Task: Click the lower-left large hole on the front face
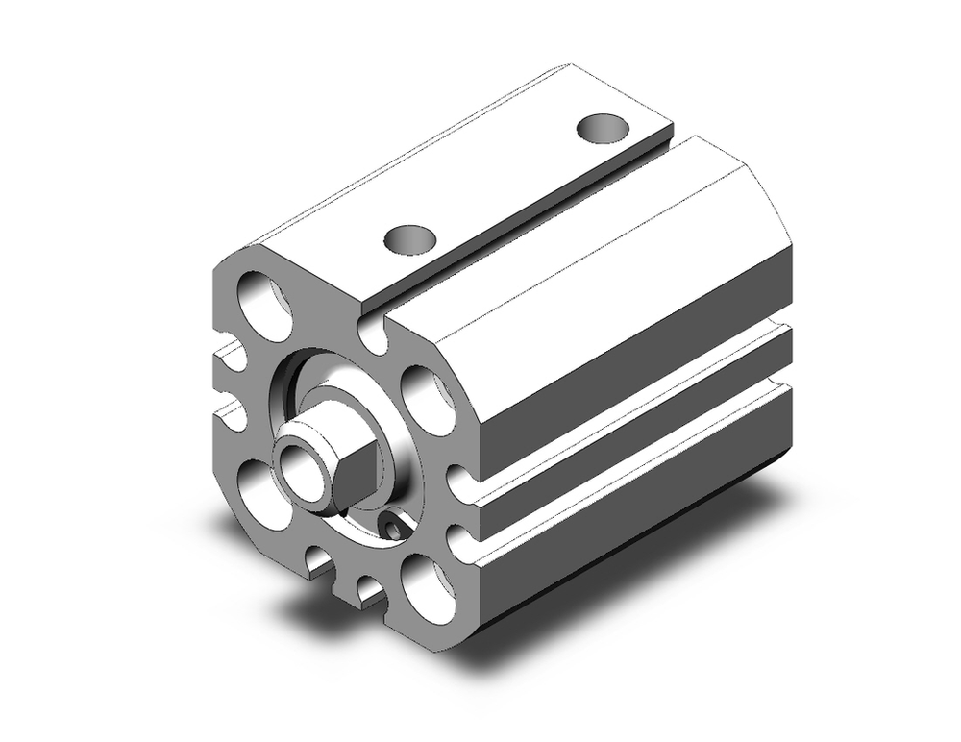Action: (261, 489)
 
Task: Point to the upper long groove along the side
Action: (634, 404)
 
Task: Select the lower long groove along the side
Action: (634, 461)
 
